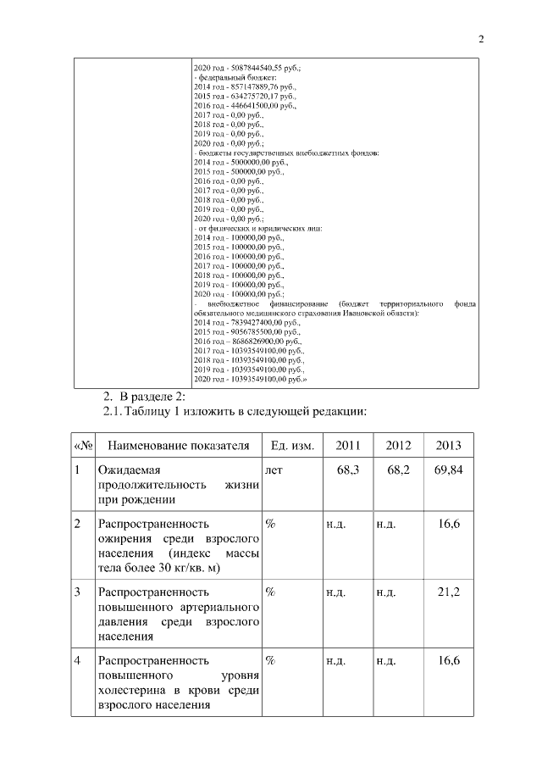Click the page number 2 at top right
[481, 39]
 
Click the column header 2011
[347, 446]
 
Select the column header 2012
[398, 446]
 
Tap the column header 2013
[448, 446]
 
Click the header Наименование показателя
[179, 446]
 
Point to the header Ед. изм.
[292, 446]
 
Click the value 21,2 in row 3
[449, 592]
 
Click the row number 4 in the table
[78, 659]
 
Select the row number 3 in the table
[78, 592]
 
